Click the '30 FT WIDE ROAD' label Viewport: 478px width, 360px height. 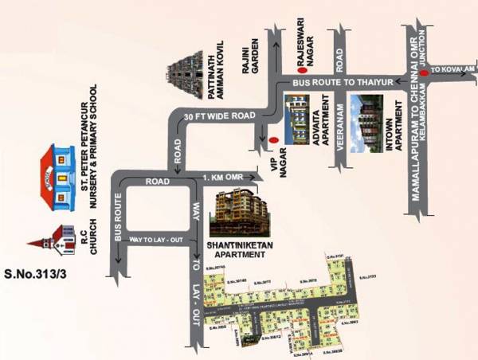click(218, 116)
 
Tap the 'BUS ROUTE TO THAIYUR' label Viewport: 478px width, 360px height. click(335, 82)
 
